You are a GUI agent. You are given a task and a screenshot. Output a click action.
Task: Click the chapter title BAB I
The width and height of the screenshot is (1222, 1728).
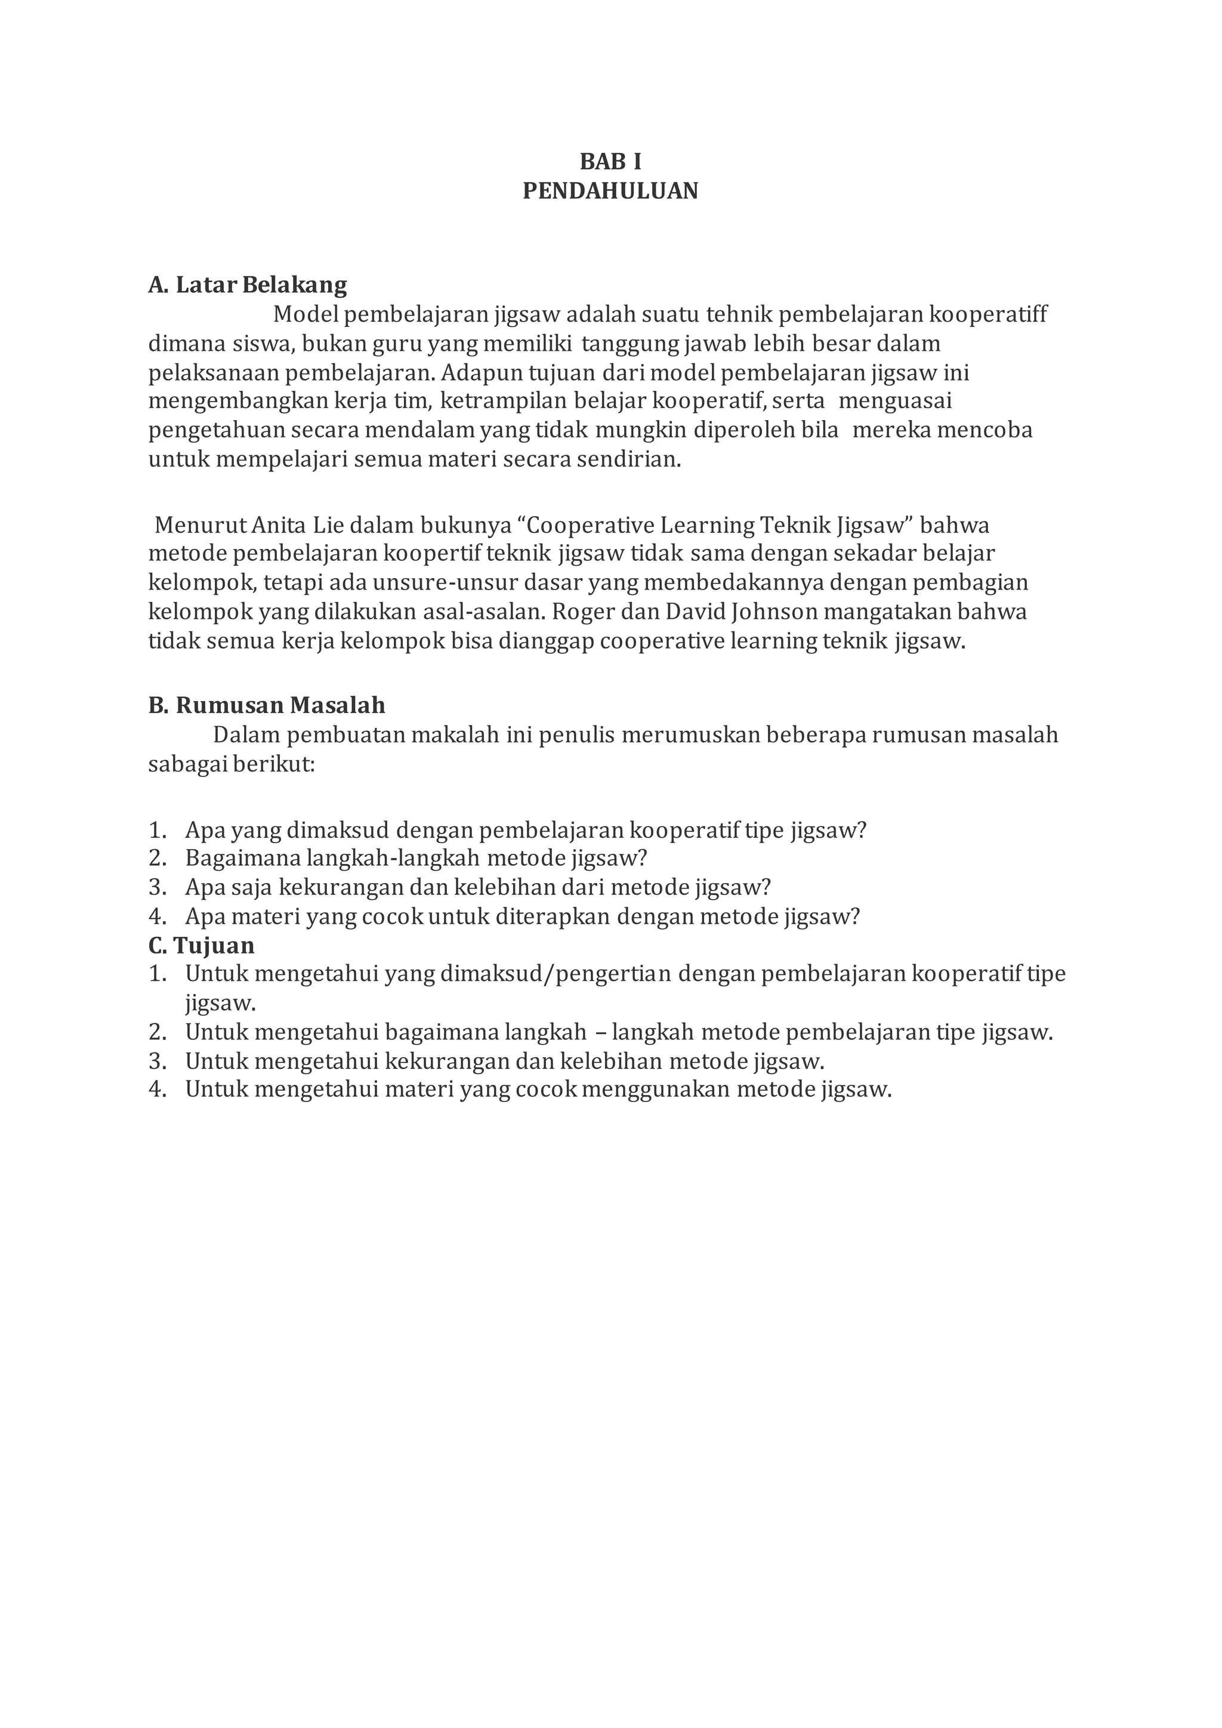[x=610, y=162]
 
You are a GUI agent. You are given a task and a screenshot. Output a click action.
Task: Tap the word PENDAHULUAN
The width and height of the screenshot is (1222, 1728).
[x=610, y=191]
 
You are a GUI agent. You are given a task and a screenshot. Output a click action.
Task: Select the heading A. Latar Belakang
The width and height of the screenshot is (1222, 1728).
[x=248, y=285]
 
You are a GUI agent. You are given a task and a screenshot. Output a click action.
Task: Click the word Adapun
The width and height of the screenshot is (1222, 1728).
[x=472, y=372]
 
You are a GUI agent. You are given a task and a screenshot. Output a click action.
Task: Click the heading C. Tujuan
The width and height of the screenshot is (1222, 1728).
[x=201, y=945]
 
